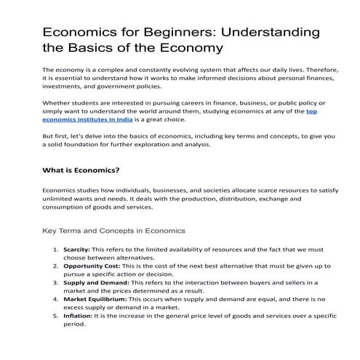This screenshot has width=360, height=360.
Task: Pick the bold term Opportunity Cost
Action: [90, 266]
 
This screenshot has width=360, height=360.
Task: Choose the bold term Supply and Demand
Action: [92, 282]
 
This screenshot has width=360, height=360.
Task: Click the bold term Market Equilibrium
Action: [95, 299]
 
